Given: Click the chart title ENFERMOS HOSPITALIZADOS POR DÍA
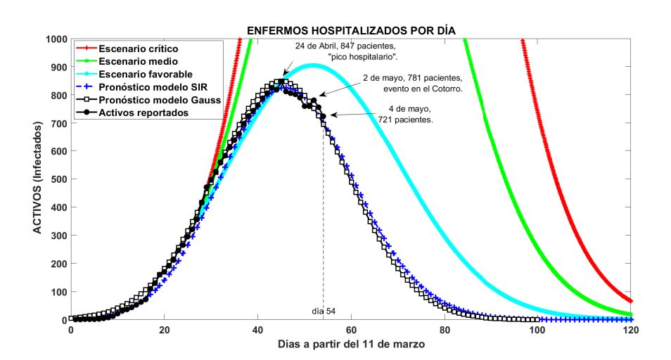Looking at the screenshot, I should click(x=350, y=31).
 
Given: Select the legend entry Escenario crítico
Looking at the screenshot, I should click(x=138, y=49).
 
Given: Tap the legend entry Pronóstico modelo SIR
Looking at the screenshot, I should click(x=152, y=86).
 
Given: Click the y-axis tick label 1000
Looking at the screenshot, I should click(x=54, y=39).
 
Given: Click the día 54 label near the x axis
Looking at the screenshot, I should click(x=324, y=311).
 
